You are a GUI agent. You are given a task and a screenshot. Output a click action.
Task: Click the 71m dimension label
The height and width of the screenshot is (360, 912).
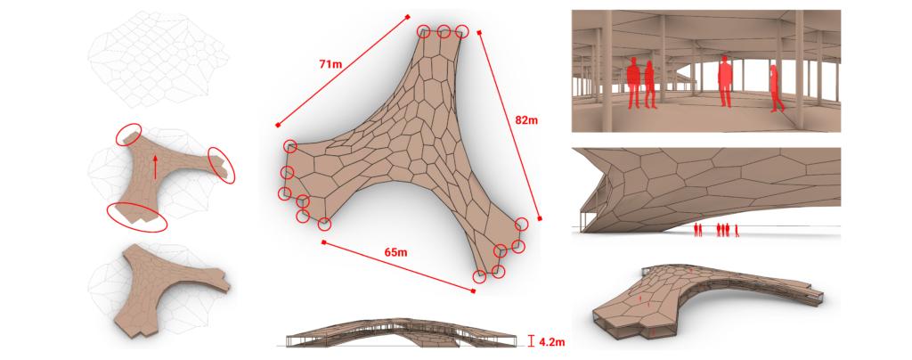click(x=329, y=64)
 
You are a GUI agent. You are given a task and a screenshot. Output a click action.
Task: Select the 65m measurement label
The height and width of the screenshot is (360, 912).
click(x=395, y=253)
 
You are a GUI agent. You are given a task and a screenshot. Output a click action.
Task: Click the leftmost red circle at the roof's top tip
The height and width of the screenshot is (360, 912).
click(x=425, y=31)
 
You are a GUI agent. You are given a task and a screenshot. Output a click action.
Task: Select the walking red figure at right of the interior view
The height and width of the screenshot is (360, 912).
click(x=778, y=88)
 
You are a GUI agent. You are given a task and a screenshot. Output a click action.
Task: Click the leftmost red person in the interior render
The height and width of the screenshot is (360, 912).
click(x=634, y=83)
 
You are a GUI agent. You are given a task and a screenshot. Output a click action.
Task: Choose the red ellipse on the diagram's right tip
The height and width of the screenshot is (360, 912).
click(x=221, y=164)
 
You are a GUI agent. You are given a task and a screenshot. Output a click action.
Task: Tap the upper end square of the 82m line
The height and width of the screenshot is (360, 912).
click(x=480, y=33)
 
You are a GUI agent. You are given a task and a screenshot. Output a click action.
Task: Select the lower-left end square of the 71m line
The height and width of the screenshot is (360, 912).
click(x=279, y=126)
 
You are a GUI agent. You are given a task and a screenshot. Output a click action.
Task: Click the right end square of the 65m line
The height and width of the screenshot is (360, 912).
click(x=473, y=289)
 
